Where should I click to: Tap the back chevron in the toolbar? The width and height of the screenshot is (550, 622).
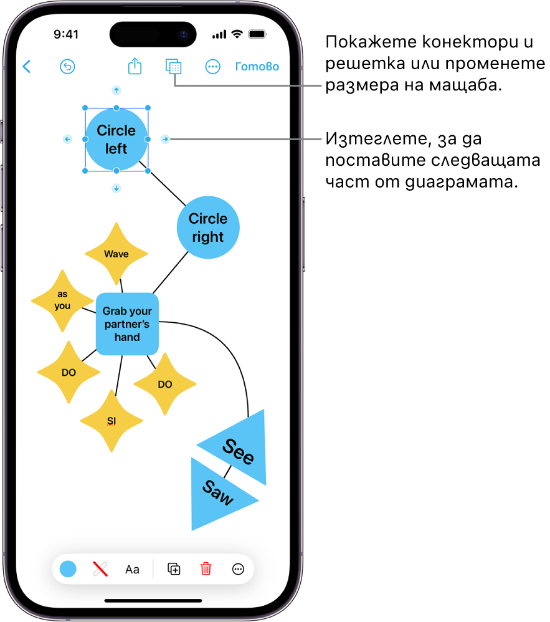click(26, 67)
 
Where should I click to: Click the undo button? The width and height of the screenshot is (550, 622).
click(67, 67)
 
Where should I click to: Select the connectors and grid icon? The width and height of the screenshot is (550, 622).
click(174, 67)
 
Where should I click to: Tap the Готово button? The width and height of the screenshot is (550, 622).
click(257, 67)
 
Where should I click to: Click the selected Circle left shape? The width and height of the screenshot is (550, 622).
click(116, 139)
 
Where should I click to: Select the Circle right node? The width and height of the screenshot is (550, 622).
click(208, 227)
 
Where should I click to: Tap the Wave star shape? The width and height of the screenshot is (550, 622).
click(116, 254)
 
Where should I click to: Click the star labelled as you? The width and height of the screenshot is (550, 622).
click(62, 300)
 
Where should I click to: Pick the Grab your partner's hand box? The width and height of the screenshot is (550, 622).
click(127, 323)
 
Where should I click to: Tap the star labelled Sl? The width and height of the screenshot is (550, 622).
click(111, 421)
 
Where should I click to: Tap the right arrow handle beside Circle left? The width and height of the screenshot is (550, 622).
click(165, 139)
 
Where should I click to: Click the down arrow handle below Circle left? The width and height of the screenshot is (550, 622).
click(116, 188)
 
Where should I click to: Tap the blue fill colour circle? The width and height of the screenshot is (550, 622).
click(68, 568)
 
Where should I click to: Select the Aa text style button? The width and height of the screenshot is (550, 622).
click(132, 569)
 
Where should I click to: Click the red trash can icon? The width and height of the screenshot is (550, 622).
click(206, 568)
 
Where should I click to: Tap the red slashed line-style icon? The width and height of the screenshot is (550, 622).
click(100, 568)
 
